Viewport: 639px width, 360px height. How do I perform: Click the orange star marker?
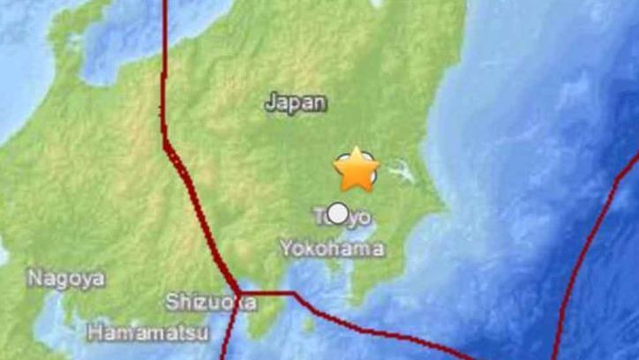coord(357,169)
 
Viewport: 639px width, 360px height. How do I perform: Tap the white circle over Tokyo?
coord(337,213)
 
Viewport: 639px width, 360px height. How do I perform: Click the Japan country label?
coord(296,103)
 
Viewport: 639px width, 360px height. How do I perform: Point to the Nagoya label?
coord(66,279)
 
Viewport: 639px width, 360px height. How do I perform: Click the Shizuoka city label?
coord(212,303)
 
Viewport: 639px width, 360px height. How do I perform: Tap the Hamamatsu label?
coord(147,333)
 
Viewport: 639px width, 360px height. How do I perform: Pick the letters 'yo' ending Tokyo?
coord(357,216)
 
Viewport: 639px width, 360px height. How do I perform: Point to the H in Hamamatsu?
coord(94,333)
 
